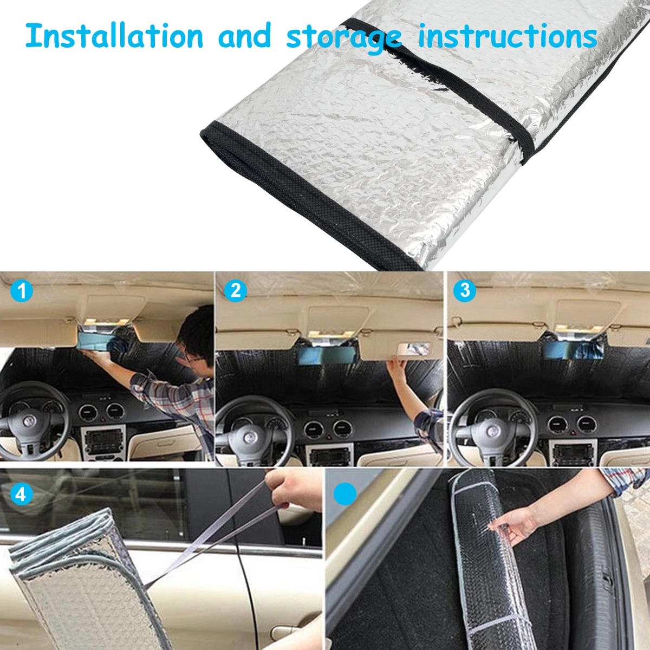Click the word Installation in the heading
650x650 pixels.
coord(114,36)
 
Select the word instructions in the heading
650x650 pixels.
coord(508,36)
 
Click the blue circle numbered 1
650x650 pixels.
coord(22,290)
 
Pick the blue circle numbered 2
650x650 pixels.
coord(236,290)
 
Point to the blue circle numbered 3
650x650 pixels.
coord(464,290)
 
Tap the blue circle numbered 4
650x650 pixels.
coord(22,495)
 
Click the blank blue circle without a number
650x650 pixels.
coord(344,494)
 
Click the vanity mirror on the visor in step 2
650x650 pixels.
coord(413,349)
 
